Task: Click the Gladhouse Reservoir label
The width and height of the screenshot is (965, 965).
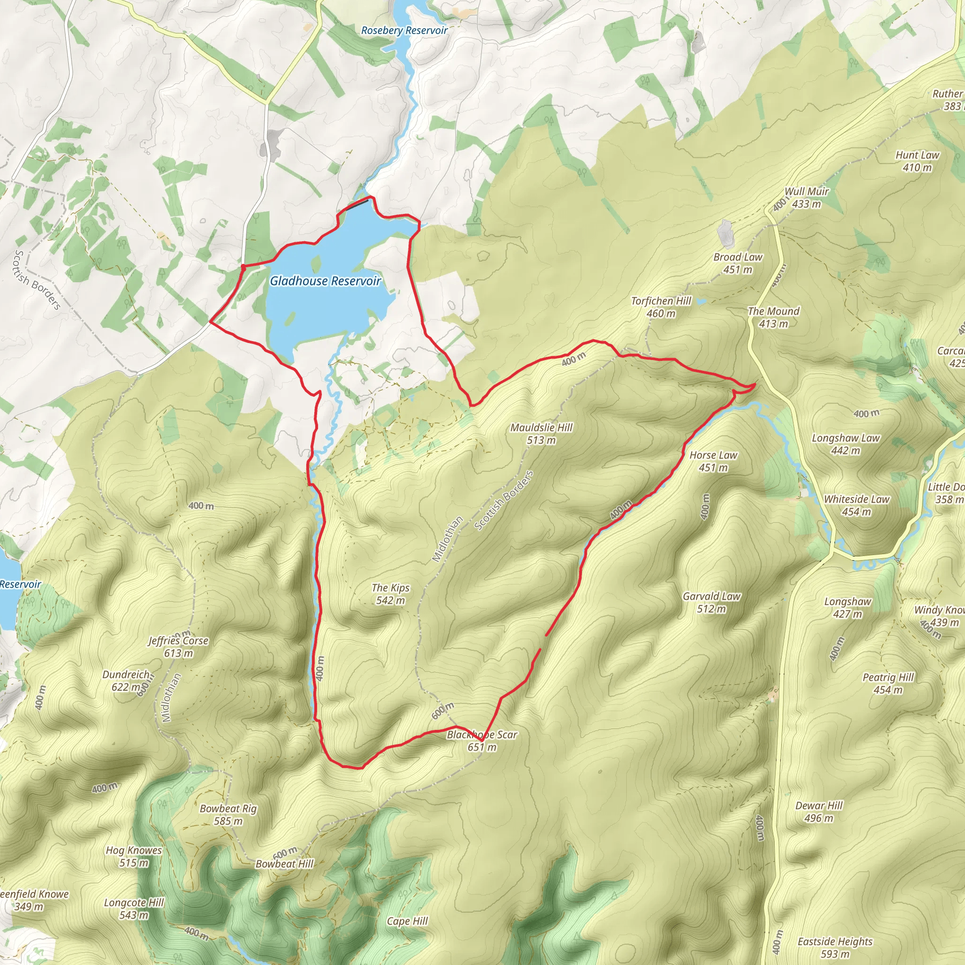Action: [x=325, y=281]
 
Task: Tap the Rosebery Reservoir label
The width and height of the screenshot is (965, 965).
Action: [x=404, y=31]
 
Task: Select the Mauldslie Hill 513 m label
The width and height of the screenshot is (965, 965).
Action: [x=541, y=433]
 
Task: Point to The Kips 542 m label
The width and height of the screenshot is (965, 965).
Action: [x=390, y=594]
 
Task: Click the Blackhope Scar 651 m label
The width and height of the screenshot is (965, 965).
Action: [x=482, y=741]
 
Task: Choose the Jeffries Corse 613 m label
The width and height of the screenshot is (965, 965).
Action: [x=178, y=646]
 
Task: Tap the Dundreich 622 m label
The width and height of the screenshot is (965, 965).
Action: [x=126, y=680]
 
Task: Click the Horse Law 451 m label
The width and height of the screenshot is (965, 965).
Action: [x=713, y=461]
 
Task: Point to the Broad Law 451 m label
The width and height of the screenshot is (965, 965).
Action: [x=737, y=263]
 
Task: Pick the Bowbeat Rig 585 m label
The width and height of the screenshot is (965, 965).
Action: [x=228, y=815]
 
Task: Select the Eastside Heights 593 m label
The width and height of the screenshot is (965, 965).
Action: [x=834, y=948]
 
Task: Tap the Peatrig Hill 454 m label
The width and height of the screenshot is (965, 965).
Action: [x=888, y=683]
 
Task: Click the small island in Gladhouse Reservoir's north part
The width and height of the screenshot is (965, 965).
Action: [x=316, y=263]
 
